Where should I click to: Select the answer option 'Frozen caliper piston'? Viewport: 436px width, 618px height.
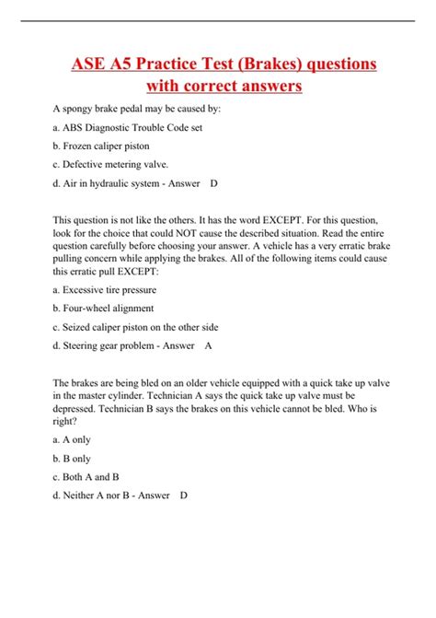[x=101, y=146]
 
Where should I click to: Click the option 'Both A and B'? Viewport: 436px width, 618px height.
[x=86, y=476]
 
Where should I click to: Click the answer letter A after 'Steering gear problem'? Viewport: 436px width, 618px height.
[x=208, y=345]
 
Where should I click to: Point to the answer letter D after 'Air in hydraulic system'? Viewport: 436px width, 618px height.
[x=213, y=184]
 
